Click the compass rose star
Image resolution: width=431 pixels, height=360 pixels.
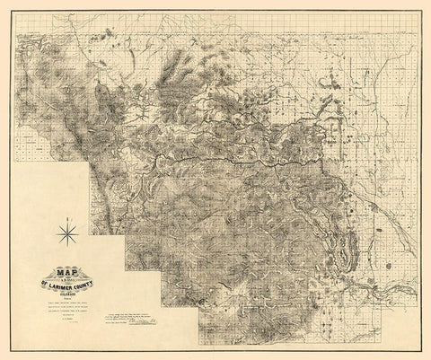(x=66, y=236)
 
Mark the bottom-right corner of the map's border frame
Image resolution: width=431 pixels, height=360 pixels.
(x=418, y=348)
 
